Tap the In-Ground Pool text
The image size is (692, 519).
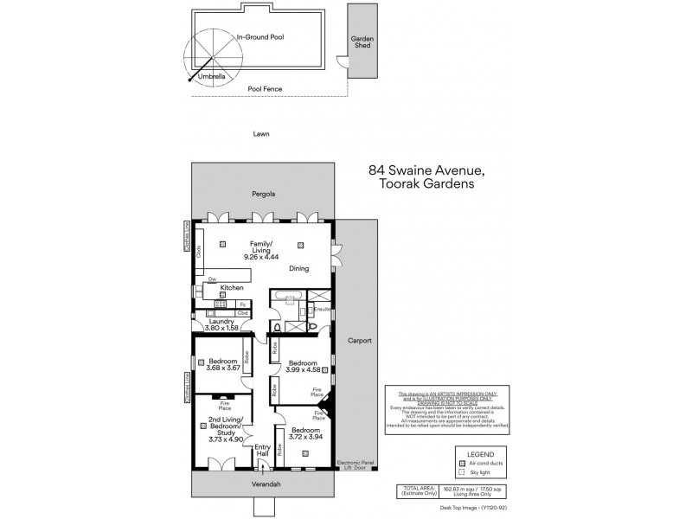pyautogui.click(x=260, y=37)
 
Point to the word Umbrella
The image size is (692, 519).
pyautogui.click(x=212, y=76)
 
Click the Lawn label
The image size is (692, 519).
pyautogui.click(x=261, y=134)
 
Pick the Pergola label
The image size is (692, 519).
pyautogui.click(x=263, y=194)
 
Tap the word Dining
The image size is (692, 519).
pyautogui.click(x=298, y=269)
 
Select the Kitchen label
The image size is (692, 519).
pyautogui.click(x=231, y=287)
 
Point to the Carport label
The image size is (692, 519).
pyautogui.click(x=359, y=341)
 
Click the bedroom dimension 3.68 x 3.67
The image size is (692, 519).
pyautogui.click(x=220, y=368)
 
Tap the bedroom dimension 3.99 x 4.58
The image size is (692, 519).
pyautogui.click(x=302, y=369)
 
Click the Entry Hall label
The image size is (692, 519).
pyautogui.click(x=262, y=451)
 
